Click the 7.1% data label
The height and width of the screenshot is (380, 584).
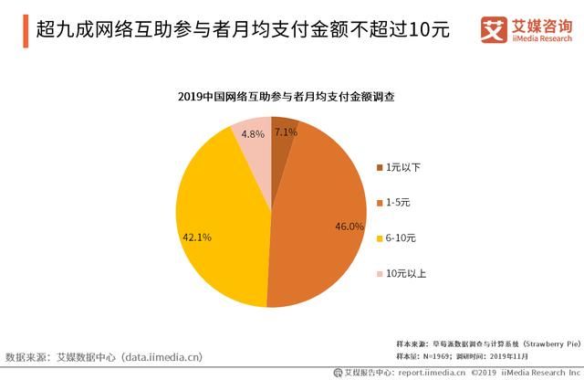[286, 132]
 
